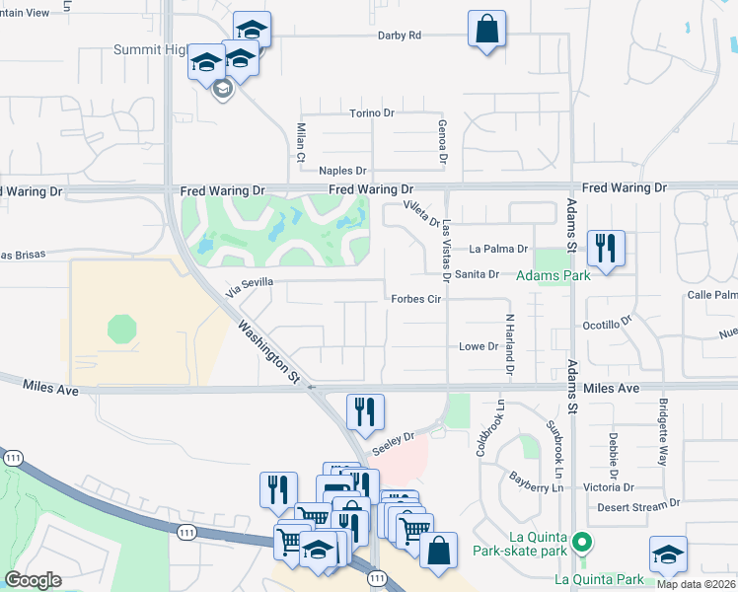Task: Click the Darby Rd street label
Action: pyautogui.click(x=399, y=36)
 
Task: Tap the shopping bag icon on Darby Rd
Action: pyautogui.click(x=487, y=30)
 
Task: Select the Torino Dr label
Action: pyautogui.click(x=371, y=113)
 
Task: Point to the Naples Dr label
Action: pyautogui.click(x=342, y=171)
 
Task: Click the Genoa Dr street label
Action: pyautogui.click(x=443, y=139)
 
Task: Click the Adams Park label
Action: pyautogui.click(x=554, y=275)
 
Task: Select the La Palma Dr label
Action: pyautogui.click(x=499, y=250)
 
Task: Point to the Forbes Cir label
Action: pyautogui.click(x=414, y=299)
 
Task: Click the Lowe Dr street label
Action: pyautogui.click(x=479, y=346)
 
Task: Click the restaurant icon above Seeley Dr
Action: pyautogui.click(x=365, y=412)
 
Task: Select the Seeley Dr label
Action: pyautogui.click(x=392, y=442)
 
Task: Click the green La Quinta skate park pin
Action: pyautogui.click(x=582, y=541)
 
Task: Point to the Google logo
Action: pyautogui.click(x=33, y=580)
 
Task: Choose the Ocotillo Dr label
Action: pyautogui.click(x=606, y=324)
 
